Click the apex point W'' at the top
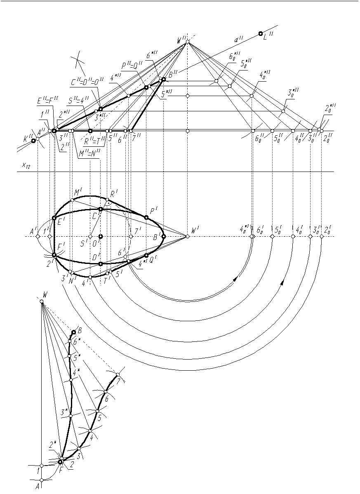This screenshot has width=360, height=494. tap(187, 42)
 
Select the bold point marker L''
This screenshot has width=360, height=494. tap(260, 34)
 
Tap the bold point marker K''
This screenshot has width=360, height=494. tap(33, 141)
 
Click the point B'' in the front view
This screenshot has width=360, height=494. tap(164, 79)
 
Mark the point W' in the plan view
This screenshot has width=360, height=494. tap(187, 236)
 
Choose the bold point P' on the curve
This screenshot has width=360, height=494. tap(146, 217)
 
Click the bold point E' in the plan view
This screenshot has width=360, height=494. tap(54, 218)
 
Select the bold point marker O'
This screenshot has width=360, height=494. tap(100, 236)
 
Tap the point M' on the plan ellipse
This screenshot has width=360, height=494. tap(72, 200)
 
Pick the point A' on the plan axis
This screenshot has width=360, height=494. tap(38, 236)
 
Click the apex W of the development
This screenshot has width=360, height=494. tap(41, 301)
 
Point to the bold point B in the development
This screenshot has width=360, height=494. tap(73, 332)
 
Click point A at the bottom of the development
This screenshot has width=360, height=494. tap(41, 480)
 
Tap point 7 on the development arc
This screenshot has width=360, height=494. tap(118, 374)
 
